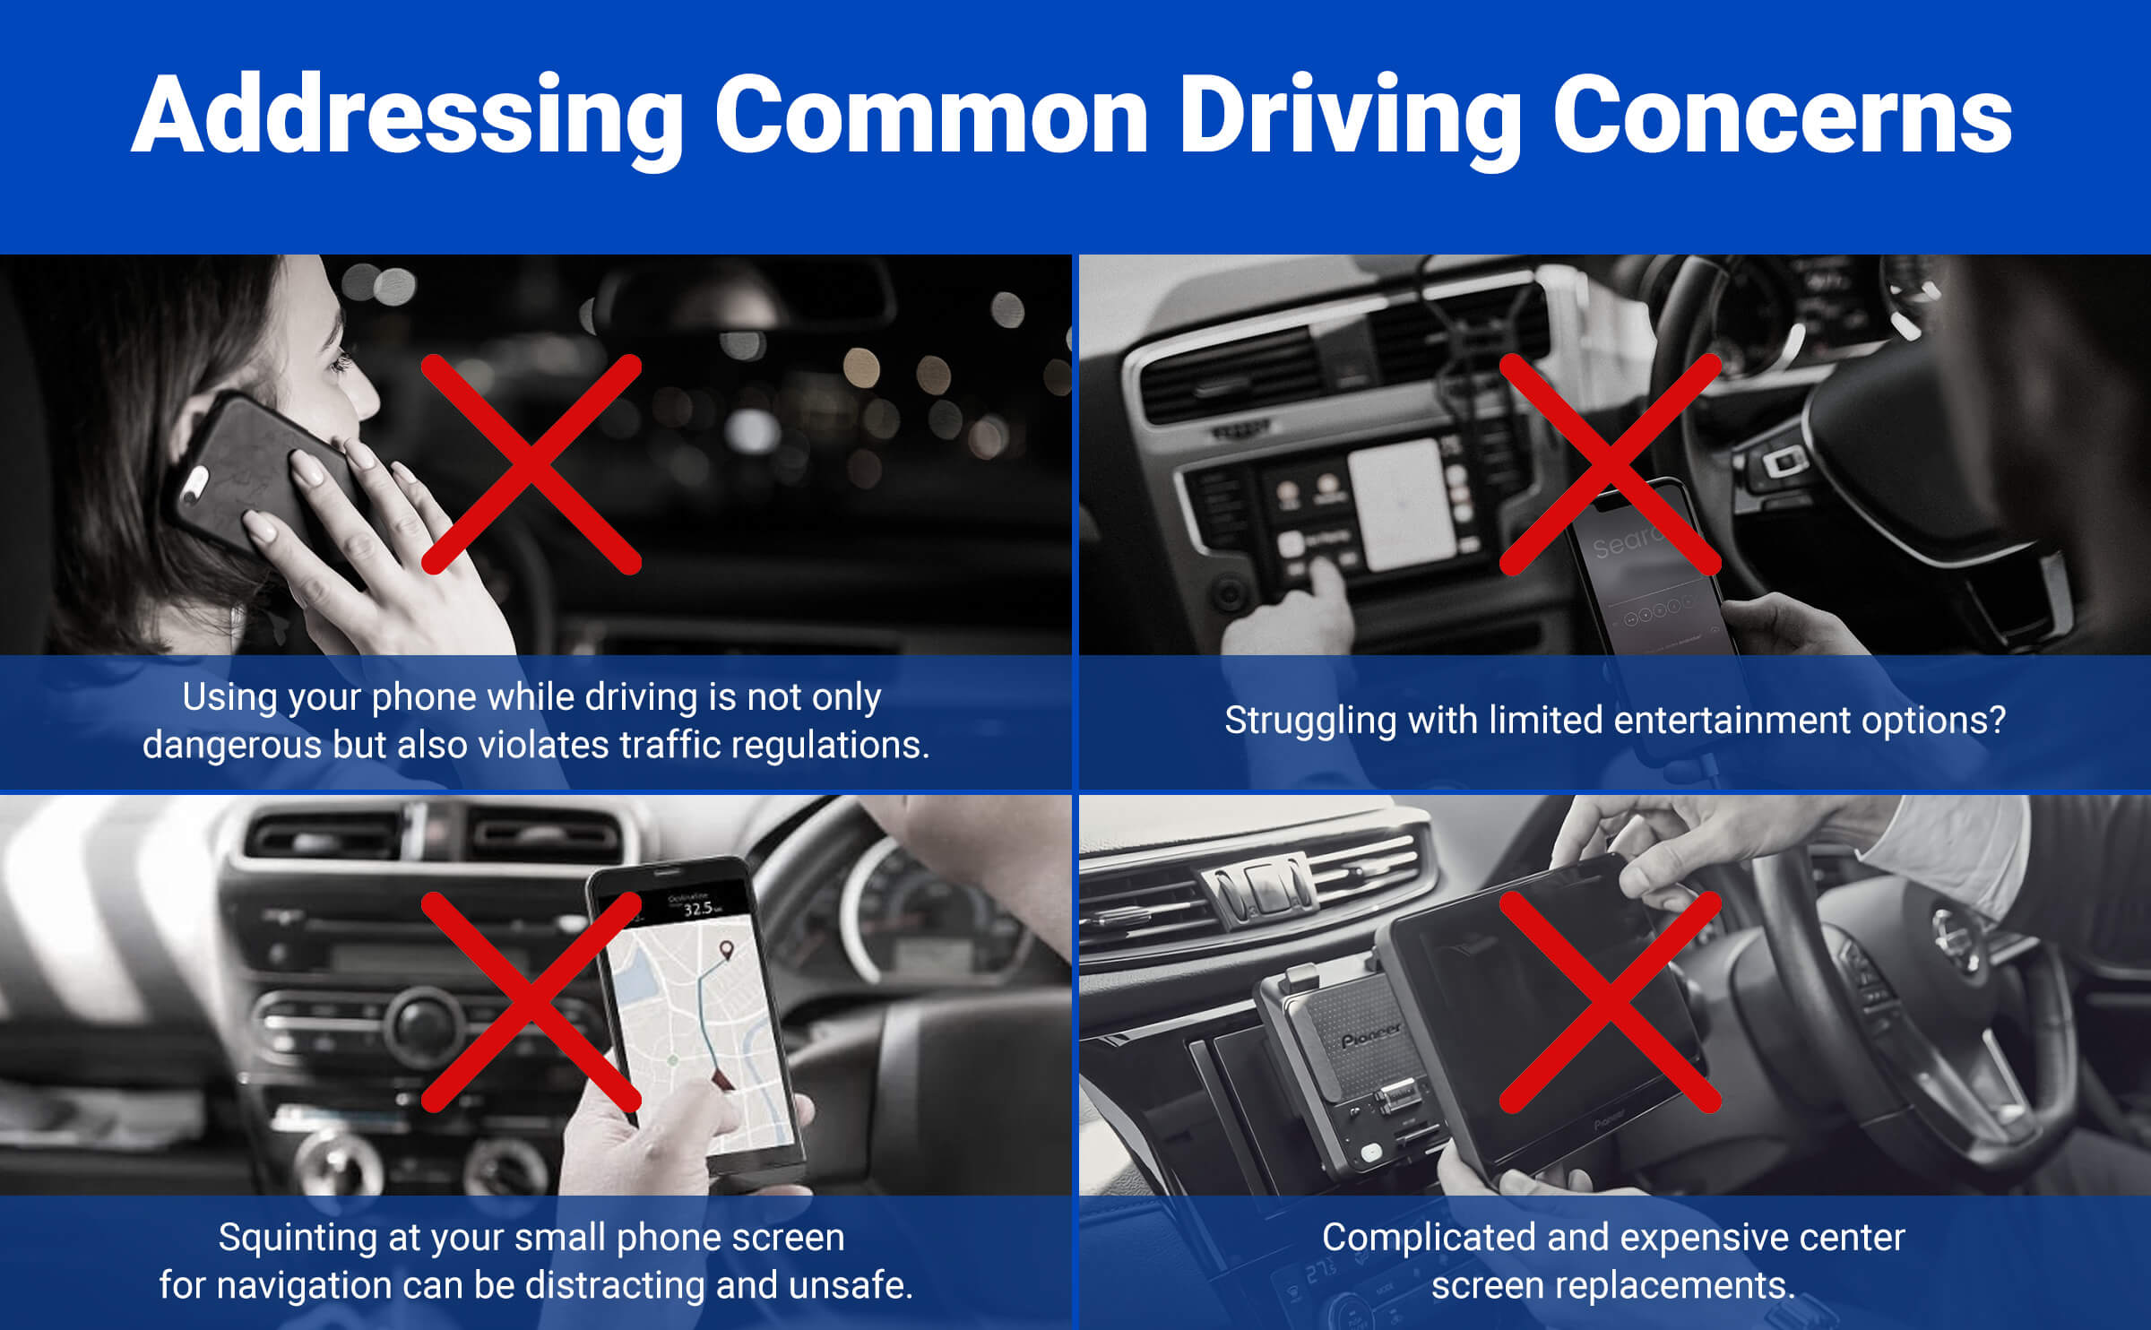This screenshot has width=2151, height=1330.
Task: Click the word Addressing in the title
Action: coord(408,117)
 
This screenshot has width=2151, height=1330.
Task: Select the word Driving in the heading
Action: coord(1350,117)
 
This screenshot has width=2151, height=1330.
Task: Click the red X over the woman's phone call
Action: coord(531,464)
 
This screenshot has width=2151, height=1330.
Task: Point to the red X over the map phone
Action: coord(531,1002)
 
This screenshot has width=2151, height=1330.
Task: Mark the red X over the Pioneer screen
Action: coord(1611,1002)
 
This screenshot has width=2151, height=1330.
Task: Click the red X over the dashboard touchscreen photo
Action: coord(1611,464)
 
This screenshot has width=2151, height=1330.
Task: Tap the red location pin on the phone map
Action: coord(725,950)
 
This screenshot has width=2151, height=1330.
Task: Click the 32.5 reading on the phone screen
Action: coord(697,909)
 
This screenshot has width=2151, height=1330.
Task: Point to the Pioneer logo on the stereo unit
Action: coord(1371,1036)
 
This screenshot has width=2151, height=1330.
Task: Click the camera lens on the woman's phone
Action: coord(193,485)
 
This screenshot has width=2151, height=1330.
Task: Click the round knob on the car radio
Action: coord(422,1023)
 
